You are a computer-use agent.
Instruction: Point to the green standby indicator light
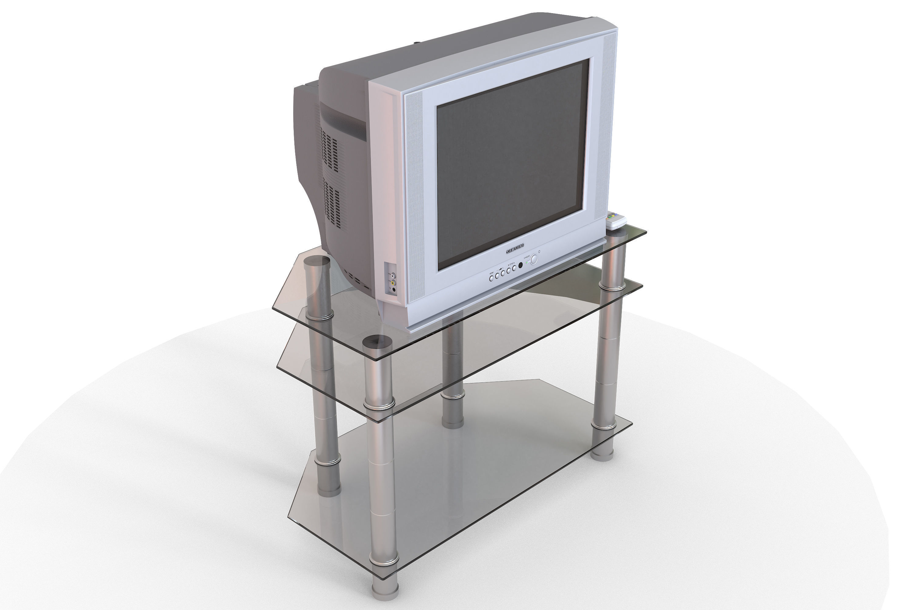[x=527, y=263]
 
